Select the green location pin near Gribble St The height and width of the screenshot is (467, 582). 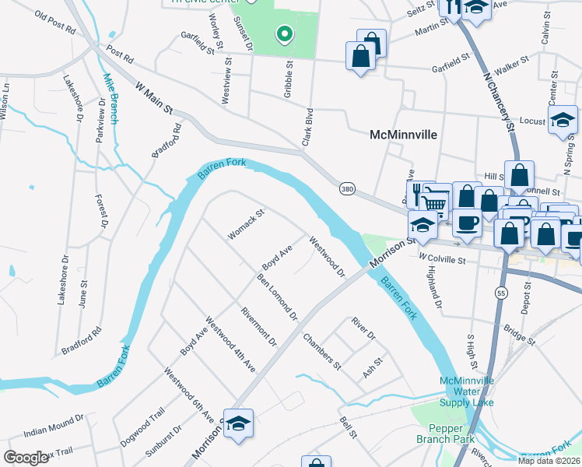285,33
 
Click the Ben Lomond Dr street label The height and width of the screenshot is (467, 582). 278,297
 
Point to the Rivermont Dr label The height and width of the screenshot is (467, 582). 259,326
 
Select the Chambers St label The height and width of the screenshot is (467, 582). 322,350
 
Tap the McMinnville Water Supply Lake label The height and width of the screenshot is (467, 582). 467,392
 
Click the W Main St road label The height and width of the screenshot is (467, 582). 154,99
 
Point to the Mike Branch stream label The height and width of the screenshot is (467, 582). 110,98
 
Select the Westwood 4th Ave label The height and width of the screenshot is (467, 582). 230,342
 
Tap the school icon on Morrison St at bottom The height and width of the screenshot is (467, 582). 239,423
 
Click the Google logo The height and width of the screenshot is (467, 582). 26,457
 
